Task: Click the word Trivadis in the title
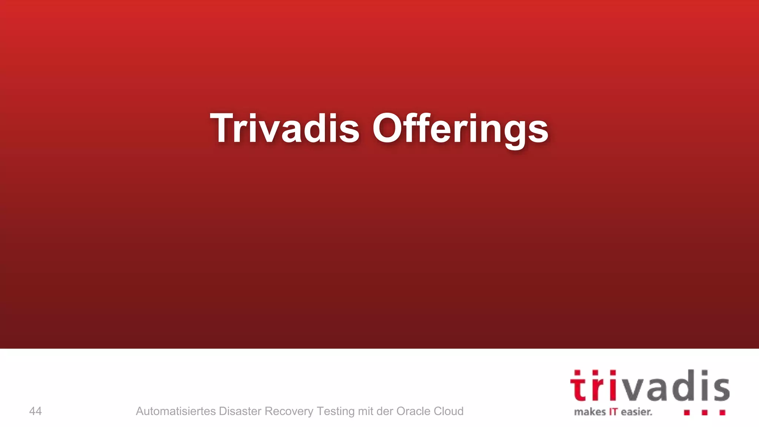click(285, 128)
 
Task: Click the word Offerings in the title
click(460, 128)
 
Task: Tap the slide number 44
click(35, 411)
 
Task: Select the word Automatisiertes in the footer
click(176, 411)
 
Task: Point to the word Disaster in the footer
click(240, 411)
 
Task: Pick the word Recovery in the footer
click(289, 411)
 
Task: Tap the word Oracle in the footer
click(412, 411)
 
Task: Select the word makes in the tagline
click(590, 412)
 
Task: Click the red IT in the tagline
click(613, 412)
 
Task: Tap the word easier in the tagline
click(636, 412)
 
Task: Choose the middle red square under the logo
click(705, 413)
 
